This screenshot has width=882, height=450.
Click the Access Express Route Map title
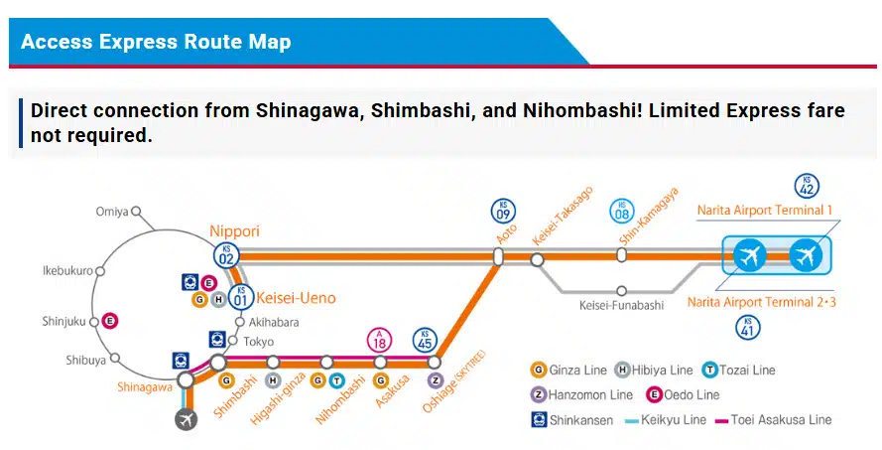pos(156,42)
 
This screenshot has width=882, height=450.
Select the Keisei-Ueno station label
pos(296,298)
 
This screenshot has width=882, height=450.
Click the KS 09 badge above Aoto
pos(504,211)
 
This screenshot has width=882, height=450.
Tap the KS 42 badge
pos(808,186)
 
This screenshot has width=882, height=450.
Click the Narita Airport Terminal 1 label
pos(764,211)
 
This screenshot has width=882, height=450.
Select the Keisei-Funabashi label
pos(620,305)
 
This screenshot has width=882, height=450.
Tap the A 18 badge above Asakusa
pos(380,340)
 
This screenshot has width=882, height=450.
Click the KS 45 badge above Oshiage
pos(425,340)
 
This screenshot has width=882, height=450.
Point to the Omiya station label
pos(112,212)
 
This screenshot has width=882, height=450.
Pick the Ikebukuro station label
pos(67,270)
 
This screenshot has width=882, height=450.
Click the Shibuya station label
pos(85,360)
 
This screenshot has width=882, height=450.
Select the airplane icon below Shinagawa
pos(186,419)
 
